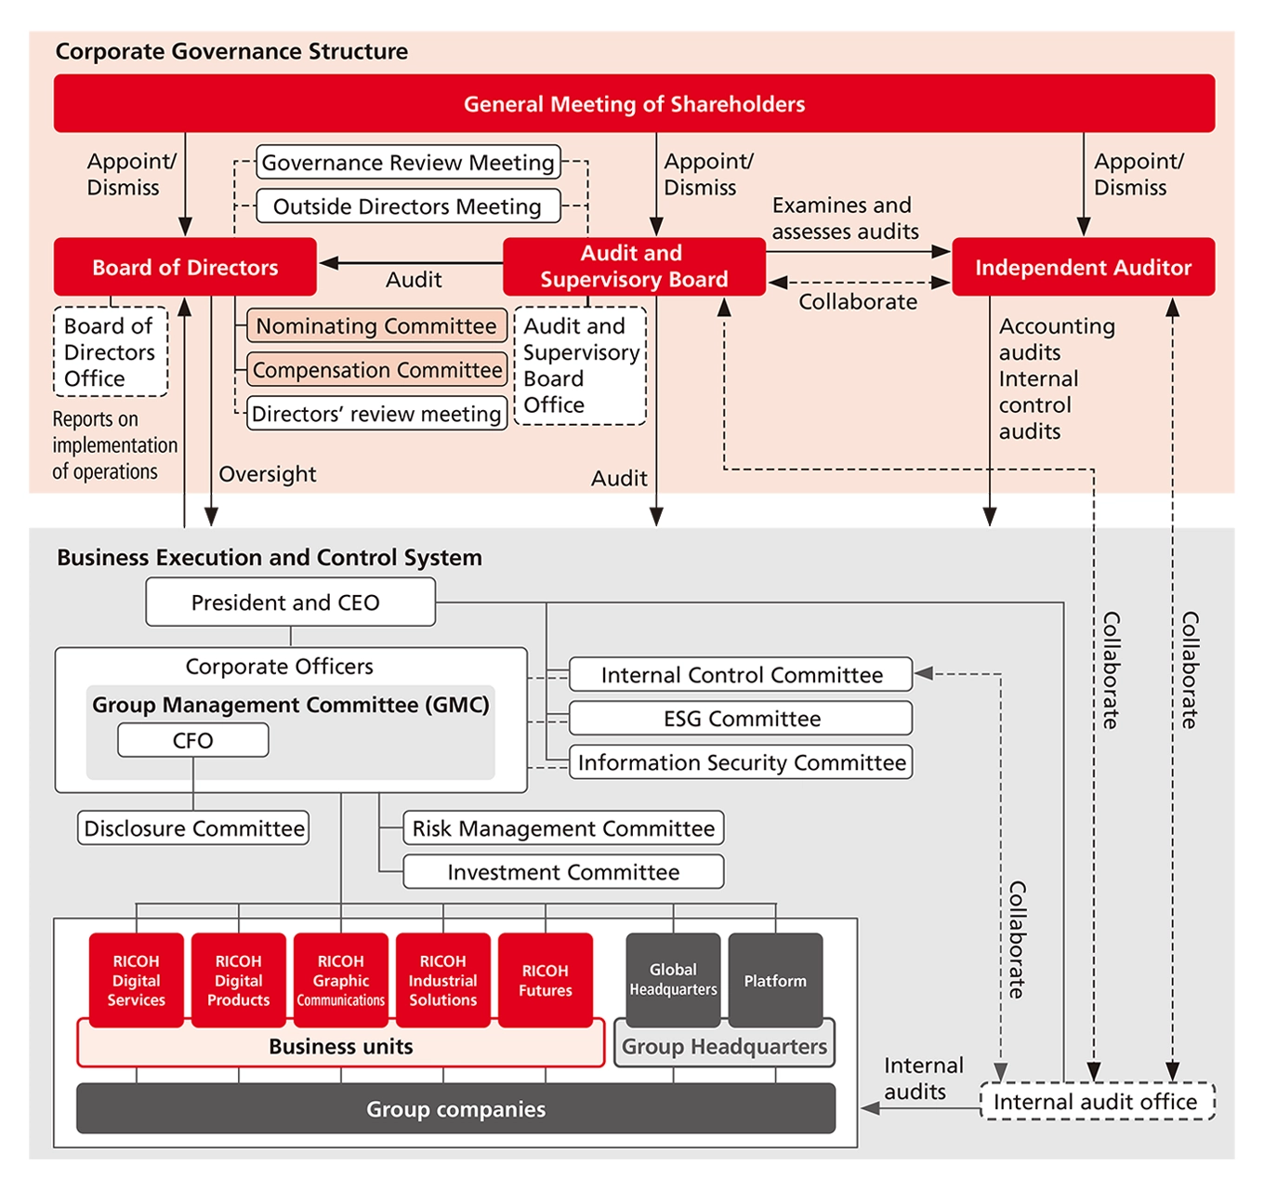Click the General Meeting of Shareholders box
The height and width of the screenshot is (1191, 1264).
(x=634, y=103)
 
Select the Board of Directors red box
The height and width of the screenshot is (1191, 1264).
(x=185, y=267)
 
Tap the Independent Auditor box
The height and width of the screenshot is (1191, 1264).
(x=1083, y=267)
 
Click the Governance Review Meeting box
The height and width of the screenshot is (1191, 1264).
(x=408, y=163)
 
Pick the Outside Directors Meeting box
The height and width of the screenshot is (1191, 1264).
(x=408, y=206)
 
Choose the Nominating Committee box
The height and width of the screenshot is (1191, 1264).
(x=376, y=326)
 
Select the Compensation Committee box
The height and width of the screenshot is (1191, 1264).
(x=376, y=370)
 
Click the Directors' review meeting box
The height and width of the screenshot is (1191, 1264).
(x=376, y=414)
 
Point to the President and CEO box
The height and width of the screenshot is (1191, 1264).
(x=290, y=602)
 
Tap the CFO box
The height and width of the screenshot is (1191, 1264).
(x=193, y=741)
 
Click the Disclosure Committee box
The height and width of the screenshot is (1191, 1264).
(x=193, y=828)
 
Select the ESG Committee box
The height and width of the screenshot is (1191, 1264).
(x=741, y=719)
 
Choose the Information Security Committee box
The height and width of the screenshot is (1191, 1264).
(x=741, y=762)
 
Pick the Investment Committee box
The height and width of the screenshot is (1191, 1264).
(x=563, y=872)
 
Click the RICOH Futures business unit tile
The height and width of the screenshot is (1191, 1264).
(x=546, y=980)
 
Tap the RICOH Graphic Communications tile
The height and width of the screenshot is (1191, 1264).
(x=341, y=980)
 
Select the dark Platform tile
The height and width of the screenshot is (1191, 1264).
(x=775, y=980)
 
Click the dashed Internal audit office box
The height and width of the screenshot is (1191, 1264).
(x=1097, y=1102)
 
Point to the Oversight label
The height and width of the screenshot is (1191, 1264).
(x=268, y=474)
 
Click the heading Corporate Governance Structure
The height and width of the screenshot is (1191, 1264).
(x=231, y=51)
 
